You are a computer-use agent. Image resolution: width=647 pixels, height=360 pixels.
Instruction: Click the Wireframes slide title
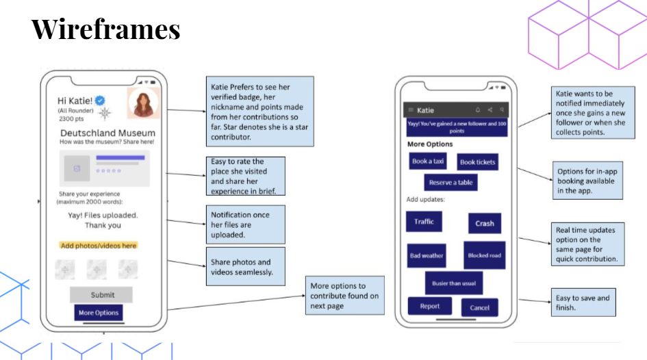tap(106, 29)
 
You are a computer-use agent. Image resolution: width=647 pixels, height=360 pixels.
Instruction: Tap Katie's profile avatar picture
tap(144, 103)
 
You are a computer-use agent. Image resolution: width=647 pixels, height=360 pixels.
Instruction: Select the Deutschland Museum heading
tap(107, 133)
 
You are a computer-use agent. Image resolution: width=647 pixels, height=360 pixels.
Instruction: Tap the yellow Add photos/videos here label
tap(99, 245)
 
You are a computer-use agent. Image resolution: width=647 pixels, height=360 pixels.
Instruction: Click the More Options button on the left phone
tap(98, 313)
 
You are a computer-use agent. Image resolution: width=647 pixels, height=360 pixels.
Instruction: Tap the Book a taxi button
tap(428, 162)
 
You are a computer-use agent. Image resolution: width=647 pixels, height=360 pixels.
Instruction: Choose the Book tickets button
tap(477, 162)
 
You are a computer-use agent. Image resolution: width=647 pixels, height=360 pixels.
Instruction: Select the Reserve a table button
tap(451, 183)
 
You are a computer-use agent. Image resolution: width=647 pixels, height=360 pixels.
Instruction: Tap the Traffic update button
tap(424, 222)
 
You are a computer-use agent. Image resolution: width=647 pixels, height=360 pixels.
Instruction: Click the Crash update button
tap(484, 223)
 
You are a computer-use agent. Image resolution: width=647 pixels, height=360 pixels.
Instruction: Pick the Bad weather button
tap(427, 255)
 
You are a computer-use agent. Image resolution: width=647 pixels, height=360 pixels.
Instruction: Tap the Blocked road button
tap(484, 255)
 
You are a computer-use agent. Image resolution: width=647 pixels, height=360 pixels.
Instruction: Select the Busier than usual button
tap(453, 283)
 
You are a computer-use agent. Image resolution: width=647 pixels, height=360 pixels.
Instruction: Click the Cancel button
tap(479, 307)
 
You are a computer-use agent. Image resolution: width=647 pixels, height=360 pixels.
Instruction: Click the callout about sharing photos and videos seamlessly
tap(245, 266)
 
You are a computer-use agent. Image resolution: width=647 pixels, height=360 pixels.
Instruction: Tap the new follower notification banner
tap(457, 127)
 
